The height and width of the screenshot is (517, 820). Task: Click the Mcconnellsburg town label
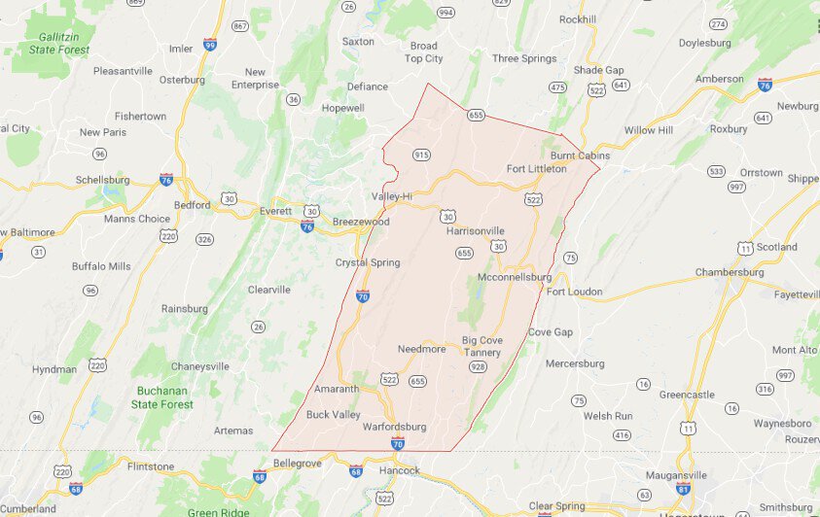[516, 278]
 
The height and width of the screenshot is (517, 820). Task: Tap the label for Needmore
[421, 349]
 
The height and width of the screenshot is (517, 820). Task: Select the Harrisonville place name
[476, 231]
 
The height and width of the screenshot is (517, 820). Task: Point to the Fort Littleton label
[536, 169]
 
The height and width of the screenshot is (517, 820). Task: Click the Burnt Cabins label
[580, 155]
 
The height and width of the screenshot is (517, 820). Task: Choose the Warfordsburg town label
[396, 427]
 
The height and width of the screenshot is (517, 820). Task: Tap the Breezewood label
[361, 222]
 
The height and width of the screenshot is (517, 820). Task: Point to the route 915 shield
[421, 155]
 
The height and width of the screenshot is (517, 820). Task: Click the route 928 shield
[478, 366]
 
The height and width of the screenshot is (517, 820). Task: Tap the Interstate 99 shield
[210, 45]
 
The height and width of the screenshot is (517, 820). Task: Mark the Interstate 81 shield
[684, 488]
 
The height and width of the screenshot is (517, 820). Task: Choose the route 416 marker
[622, 434]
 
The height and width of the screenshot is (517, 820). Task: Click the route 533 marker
[716, 171]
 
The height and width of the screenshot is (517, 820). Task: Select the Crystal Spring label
[368, 262]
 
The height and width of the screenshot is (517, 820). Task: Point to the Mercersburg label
[575, 363]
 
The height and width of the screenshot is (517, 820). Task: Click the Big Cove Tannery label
[481, 347]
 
